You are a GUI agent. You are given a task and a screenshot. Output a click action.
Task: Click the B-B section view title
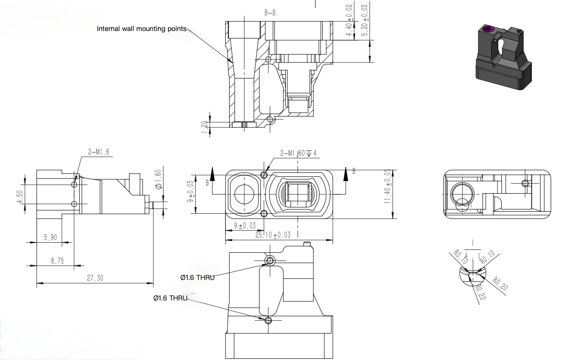coord(270,13)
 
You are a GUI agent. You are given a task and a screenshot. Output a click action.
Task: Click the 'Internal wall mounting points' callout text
coord(142,29)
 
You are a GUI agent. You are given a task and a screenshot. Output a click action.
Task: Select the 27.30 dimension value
coord(95,278)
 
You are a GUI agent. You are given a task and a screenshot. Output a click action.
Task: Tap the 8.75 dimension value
coord(57,261)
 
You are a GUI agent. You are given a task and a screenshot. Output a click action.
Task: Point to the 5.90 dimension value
coord(50,237)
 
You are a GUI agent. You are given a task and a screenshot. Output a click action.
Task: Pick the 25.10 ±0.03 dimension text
coord(273,235)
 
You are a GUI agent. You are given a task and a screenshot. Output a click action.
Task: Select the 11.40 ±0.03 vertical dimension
coord(387,186)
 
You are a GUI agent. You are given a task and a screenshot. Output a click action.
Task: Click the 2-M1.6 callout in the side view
coord(98,152)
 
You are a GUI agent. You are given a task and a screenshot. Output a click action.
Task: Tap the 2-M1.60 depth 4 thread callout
coord(298,153)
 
